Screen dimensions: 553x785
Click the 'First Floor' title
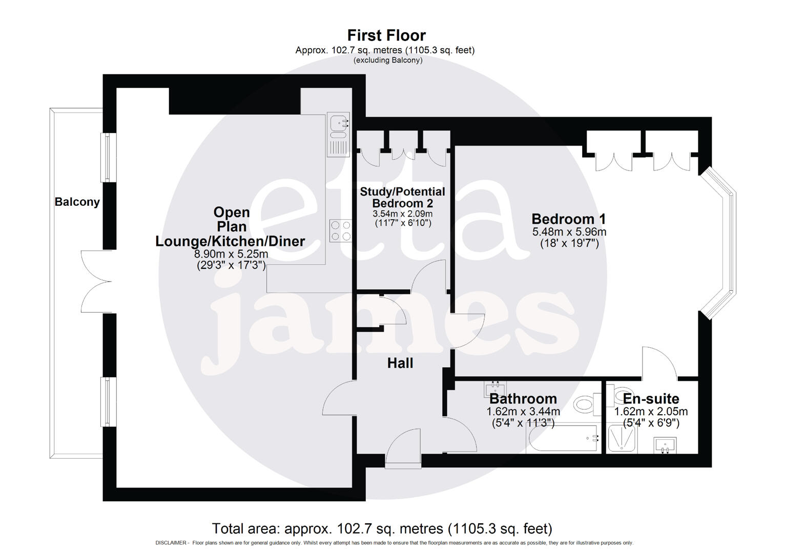pyautogui.click(x=386, y=35)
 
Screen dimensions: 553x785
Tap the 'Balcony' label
pyautogui.click(x=77, y=202)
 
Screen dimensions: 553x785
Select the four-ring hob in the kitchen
pyautogui.click(x=341, y=230)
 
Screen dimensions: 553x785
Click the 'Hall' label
pyautogui.click(x=400, y=363)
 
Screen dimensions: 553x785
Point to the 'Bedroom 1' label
pyautogui.click(x=569, y=219)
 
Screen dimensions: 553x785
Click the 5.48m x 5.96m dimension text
pyautogui.click(x=569, y=232)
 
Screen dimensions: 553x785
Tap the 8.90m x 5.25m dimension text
pyautogui.click(x=231, y=254)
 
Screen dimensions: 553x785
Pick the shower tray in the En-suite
pyautogui.click(x=622, y=439)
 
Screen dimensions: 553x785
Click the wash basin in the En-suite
pyautogui.click(x=665, y=445)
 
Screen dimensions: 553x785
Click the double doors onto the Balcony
pyautogui.click(x=96, y=281)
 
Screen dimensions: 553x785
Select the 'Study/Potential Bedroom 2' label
pyautogui.click(x=402, y=197)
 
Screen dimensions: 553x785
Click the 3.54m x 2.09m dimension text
pyautogui.click(x=402, y=214)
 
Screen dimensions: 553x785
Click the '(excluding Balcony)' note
pyautogui.click(x=388, y=60)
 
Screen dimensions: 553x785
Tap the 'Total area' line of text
pyautogui.click(x=382, y=528)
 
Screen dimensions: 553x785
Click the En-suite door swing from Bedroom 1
pyautogui.click(x=660, y=363)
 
